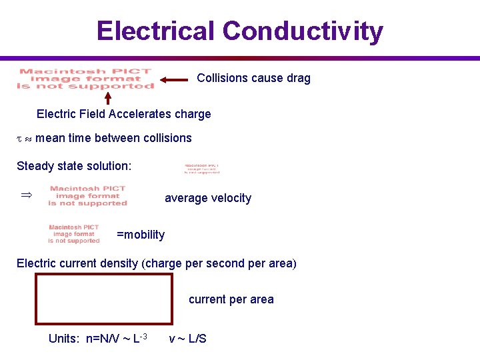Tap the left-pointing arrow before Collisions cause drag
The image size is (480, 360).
pos(175,79)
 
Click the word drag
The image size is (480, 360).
pos(298,78)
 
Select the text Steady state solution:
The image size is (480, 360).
pos(74,166)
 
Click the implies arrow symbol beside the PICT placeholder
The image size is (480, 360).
pos(27,195)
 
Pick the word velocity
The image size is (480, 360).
pos(229,198)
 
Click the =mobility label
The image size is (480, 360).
pos(141,235)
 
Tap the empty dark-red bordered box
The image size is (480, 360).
pos(104,299)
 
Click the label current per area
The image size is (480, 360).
pos(231,299)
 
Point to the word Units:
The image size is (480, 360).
pos(64,339)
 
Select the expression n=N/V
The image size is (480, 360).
pos(101,339)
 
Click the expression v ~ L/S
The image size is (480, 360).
pos(187,339)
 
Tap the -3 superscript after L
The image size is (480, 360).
pos(143,335)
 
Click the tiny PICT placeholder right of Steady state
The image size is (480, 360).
pos(201,169)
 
